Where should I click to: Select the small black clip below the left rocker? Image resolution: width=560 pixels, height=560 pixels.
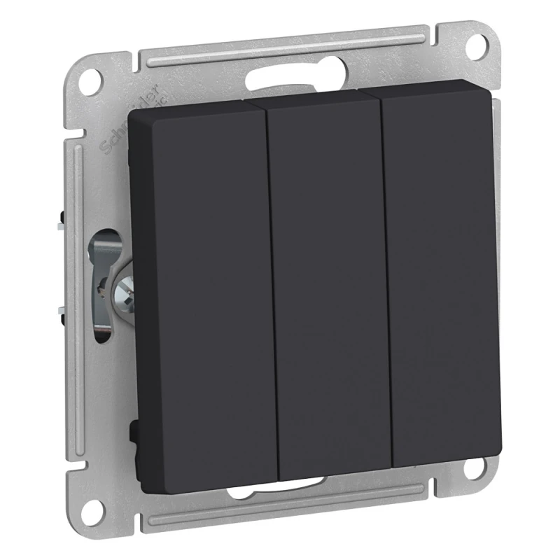[x=133, y=430]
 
